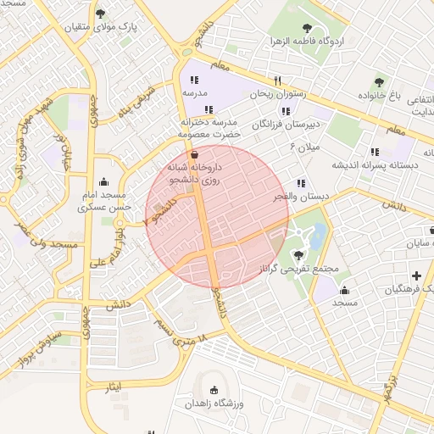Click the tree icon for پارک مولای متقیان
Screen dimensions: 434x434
[x=102, y=14]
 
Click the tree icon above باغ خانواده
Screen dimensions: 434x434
[x=379, y=82]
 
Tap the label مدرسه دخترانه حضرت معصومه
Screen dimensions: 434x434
[x=210, y=128]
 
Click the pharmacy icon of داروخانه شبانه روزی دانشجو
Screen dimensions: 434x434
[x=196, y=155]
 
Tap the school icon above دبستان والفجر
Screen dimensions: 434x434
[x=301, y=183]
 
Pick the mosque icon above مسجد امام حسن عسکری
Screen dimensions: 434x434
[x=104, y=181]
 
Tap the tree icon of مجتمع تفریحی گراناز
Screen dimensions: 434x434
[x=298, y=254]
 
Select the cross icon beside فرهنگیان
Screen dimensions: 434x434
[x=416, y=276]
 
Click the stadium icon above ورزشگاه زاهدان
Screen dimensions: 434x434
[x=214, y=391]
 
